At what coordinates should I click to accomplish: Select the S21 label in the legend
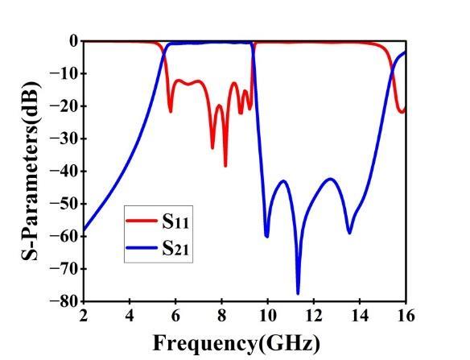click(x=175, y=248)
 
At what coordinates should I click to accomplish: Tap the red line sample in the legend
click(x=142, y=221)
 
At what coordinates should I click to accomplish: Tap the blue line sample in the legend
click(x=142, y=248)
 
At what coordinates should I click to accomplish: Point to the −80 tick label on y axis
click(x=64, y=301)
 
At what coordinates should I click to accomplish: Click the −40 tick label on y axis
click(x=64, y=171)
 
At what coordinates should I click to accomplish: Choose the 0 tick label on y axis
click(x=74, y=41)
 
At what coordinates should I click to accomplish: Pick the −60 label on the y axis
click(x=64, y=236)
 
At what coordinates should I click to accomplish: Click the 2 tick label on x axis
click(x=84, y=316)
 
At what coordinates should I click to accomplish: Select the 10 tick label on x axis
click(x=268, y=316)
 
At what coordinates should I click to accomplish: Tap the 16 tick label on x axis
click(x=406, y=316)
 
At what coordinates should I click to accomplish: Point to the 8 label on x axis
click(x=221, y=316)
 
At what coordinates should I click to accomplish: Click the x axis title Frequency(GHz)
click(x=237, y=344)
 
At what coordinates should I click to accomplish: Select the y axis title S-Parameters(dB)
click(x=31, y=171)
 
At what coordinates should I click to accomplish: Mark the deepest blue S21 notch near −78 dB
click(x=298, y=293)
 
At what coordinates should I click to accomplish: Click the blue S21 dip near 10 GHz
click(x=266, y=237)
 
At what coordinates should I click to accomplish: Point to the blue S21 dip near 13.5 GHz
click(x=349, y=233)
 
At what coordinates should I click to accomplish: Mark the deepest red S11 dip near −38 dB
click(x=225, y=166)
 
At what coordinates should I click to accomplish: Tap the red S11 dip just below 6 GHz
click(x=171, y=112)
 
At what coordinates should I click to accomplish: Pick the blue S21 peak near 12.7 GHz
click(x=330, y=179)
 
